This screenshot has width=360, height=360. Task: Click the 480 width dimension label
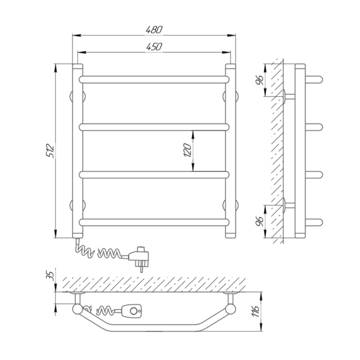tap(154, 29)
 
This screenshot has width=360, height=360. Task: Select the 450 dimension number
tap(154, 47)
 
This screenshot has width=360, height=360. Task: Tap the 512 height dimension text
tap(50, 151)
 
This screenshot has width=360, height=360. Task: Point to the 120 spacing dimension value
tap(188, 150)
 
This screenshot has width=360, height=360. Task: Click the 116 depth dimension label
tap(256, 311)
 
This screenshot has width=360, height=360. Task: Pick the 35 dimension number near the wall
tap(50, 275)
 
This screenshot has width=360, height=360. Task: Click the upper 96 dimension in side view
tap(260, 80)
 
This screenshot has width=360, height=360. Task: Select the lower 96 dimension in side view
tap(260, 221)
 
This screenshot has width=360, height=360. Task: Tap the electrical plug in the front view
tap(139, 258)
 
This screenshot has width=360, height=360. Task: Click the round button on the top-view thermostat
tap(133, 311)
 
